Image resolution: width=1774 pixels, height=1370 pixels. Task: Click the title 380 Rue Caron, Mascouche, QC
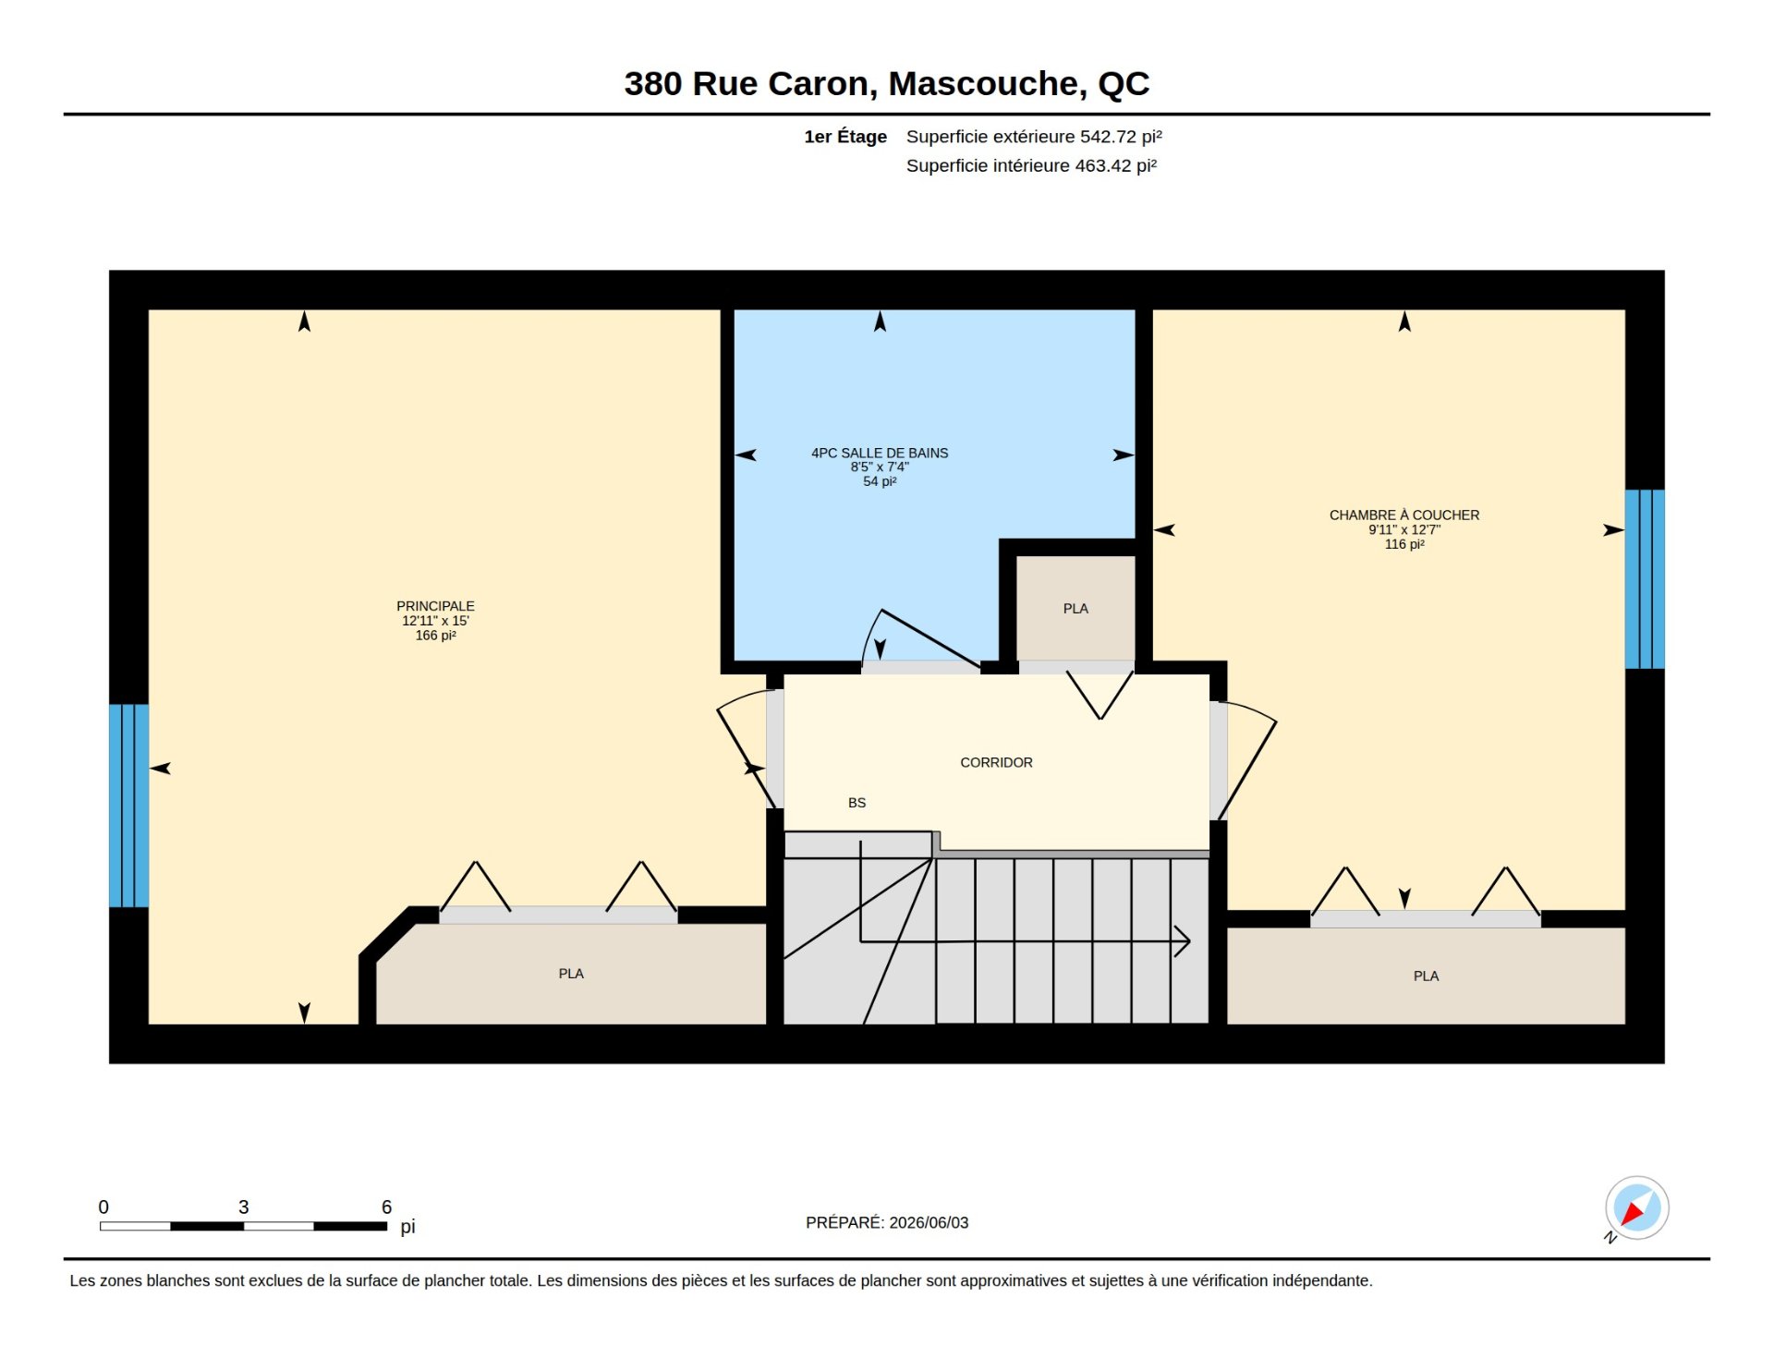point(886,84)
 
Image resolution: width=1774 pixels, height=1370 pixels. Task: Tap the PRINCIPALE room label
point(435,606)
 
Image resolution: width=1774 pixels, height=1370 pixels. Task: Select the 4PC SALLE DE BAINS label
point(880,453)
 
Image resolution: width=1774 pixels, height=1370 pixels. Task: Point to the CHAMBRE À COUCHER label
point(1403,515)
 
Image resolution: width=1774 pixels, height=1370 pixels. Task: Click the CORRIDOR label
point(996,762)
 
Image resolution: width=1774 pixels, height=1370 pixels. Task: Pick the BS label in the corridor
point(857,803)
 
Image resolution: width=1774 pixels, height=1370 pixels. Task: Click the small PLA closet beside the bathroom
point(1075,608)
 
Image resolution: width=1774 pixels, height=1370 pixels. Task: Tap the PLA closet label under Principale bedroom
point(571,974)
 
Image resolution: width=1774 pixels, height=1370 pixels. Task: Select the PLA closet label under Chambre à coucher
point(1426,976)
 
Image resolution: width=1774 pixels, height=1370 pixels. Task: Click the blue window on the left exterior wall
point(128,806)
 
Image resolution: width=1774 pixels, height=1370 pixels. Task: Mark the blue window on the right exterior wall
point(1645,579)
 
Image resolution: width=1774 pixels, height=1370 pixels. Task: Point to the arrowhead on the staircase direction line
point(1183,941)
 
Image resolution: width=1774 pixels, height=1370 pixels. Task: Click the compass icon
point(1636,1207)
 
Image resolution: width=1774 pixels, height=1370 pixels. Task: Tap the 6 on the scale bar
point(386,1206)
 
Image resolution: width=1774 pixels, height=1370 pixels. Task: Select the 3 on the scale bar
point(243,1206)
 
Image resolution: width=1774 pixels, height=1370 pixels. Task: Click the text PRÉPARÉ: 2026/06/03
point(887,1222)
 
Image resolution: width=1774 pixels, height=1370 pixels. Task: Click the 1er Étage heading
point(845,137)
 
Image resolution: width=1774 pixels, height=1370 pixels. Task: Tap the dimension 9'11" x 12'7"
point(1403,529)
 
